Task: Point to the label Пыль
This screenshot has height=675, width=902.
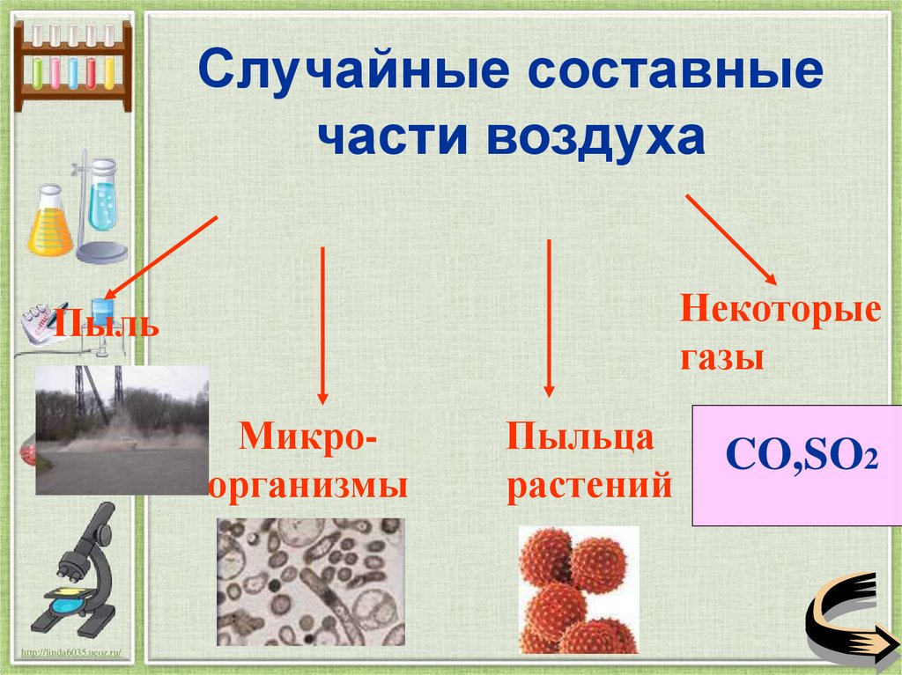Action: click(x=106, y=322)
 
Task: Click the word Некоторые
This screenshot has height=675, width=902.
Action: click(x=780, y=312)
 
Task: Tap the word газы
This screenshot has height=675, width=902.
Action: click(x=721, y=358)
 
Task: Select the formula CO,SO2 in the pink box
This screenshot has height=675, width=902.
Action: click(x=801, y=459)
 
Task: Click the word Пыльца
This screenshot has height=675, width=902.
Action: click(x=580, y=437)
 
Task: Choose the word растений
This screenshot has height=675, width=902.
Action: click(x=589, y=486)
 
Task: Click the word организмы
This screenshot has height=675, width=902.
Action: click(x=309, y=486)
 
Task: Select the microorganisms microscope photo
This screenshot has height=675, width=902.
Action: click(x=310, y=582)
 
